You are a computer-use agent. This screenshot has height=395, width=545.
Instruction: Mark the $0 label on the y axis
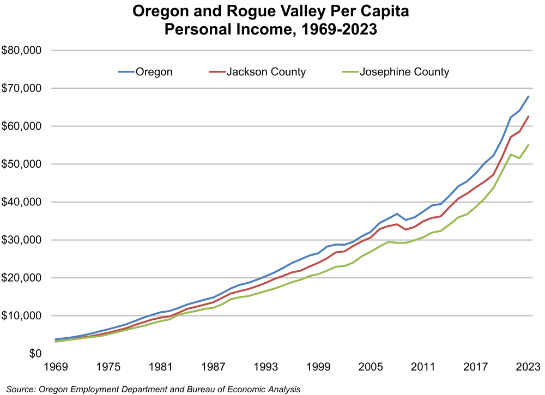click(x=35, y=354)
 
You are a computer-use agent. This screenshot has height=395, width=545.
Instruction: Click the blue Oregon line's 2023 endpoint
click(x=529, y=96)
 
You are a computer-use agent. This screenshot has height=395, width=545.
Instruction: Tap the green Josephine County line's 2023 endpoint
click(x=529, y=144)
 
